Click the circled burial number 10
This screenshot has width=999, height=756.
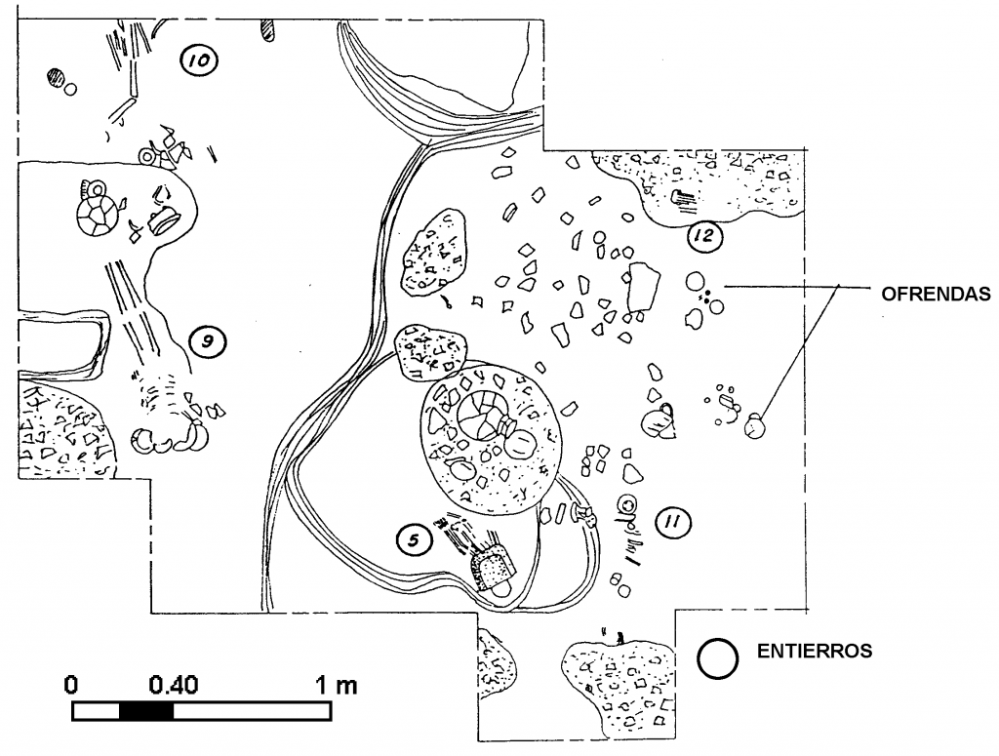pos(199,61)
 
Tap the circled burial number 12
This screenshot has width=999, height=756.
pos(704,236)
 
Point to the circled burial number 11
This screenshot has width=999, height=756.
pos(673,523)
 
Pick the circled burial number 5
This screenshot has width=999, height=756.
pos(414,540)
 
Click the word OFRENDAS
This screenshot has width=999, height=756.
pos(936,294)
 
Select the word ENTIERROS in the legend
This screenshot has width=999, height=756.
pos(815,651)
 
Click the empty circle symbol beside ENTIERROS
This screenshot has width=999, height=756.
pos(718,657)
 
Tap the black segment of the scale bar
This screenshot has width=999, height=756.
pos(146,711)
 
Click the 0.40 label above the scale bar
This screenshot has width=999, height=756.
pos(174,686)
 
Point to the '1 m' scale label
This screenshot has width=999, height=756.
pos(337,686)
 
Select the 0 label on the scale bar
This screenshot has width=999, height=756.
pos(71,686)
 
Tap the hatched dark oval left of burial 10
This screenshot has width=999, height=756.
pos(56,78)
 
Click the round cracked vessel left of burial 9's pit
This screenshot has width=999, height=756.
pos(96,215)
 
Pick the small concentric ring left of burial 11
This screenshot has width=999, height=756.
pos(629,503)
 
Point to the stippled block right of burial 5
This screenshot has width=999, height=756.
pos(492,568)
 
